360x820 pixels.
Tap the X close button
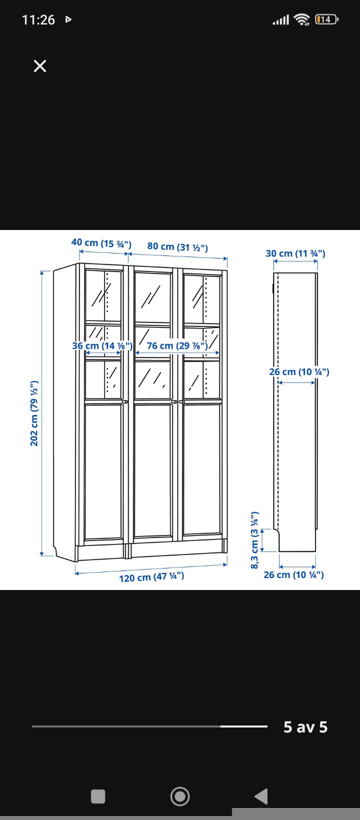[40, 66]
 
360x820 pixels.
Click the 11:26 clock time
[38, 20]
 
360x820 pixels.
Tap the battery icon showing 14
[326, 19]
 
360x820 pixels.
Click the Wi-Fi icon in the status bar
[302, 19]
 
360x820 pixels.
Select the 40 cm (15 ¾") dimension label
[101, 242]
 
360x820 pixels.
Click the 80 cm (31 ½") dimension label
[177, 246]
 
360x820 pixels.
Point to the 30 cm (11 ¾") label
[295, 253]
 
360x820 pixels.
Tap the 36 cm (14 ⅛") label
[102, 345]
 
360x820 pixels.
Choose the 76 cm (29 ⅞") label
[177, 345]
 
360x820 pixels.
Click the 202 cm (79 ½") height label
[34, 413]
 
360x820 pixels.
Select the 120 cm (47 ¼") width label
[151, 577]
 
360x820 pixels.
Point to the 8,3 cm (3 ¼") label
[254, 540]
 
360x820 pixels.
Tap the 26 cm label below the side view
[293, 574]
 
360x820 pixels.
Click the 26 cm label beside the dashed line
[299, 372]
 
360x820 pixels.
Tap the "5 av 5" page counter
[305, 727]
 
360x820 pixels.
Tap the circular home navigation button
[180, 796]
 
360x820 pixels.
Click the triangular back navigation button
[261, 796]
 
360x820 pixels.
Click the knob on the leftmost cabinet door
[125, 401]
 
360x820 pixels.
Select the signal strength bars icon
[281, 20]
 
